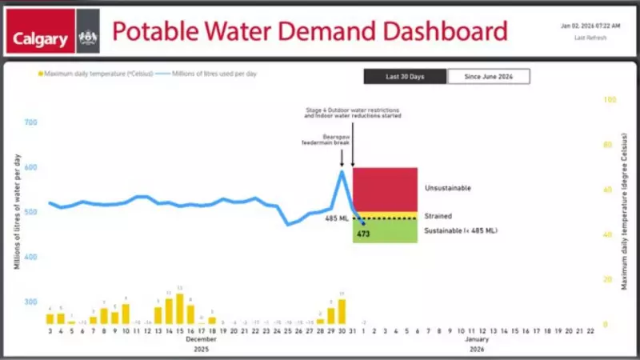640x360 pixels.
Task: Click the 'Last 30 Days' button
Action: [x=405, y=76]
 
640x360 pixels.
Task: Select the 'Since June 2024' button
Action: [x=488, y=76]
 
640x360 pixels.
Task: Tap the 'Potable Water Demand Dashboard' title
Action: [x=309, y=32]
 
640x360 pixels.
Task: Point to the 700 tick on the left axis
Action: [x=31, y=123]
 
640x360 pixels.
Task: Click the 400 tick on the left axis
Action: [x=31, y=257]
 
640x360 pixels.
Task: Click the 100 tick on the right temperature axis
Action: [x=610, y=100]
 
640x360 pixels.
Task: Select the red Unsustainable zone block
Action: [x=385, y=190]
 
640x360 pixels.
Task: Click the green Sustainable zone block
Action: [x=385, y=231]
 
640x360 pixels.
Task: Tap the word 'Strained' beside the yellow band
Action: [x=438, y=216]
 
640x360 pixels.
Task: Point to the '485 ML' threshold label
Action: [x=336, y=218]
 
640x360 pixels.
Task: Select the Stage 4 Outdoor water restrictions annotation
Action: [x=353, y=113]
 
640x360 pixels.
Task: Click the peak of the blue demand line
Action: [x=342, y=171]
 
